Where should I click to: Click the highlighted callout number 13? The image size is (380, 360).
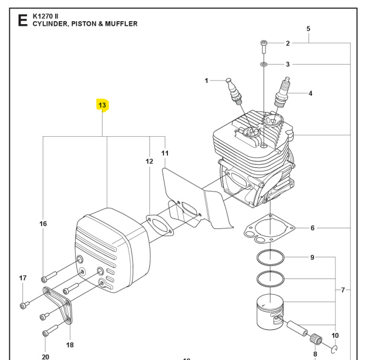(102, 106)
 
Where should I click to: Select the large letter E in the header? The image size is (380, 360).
(23, 21)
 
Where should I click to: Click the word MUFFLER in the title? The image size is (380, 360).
(120, 24)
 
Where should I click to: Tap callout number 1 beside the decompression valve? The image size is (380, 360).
(206, 80)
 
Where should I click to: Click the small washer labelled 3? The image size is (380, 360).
(264, 64)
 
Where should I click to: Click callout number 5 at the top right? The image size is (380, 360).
(309, 28)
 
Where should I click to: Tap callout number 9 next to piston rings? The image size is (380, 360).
(312, 257)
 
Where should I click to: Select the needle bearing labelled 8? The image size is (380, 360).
(315, 338)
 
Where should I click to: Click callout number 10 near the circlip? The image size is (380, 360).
(335, 335)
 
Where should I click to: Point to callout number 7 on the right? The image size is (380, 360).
(344, 290)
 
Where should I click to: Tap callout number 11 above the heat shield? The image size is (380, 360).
(165, 153)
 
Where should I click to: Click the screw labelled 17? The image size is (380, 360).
(24, 304)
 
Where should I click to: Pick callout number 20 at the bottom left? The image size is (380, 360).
(45, 356)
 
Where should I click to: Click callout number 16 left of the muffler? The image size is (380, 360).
(43, 224)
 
